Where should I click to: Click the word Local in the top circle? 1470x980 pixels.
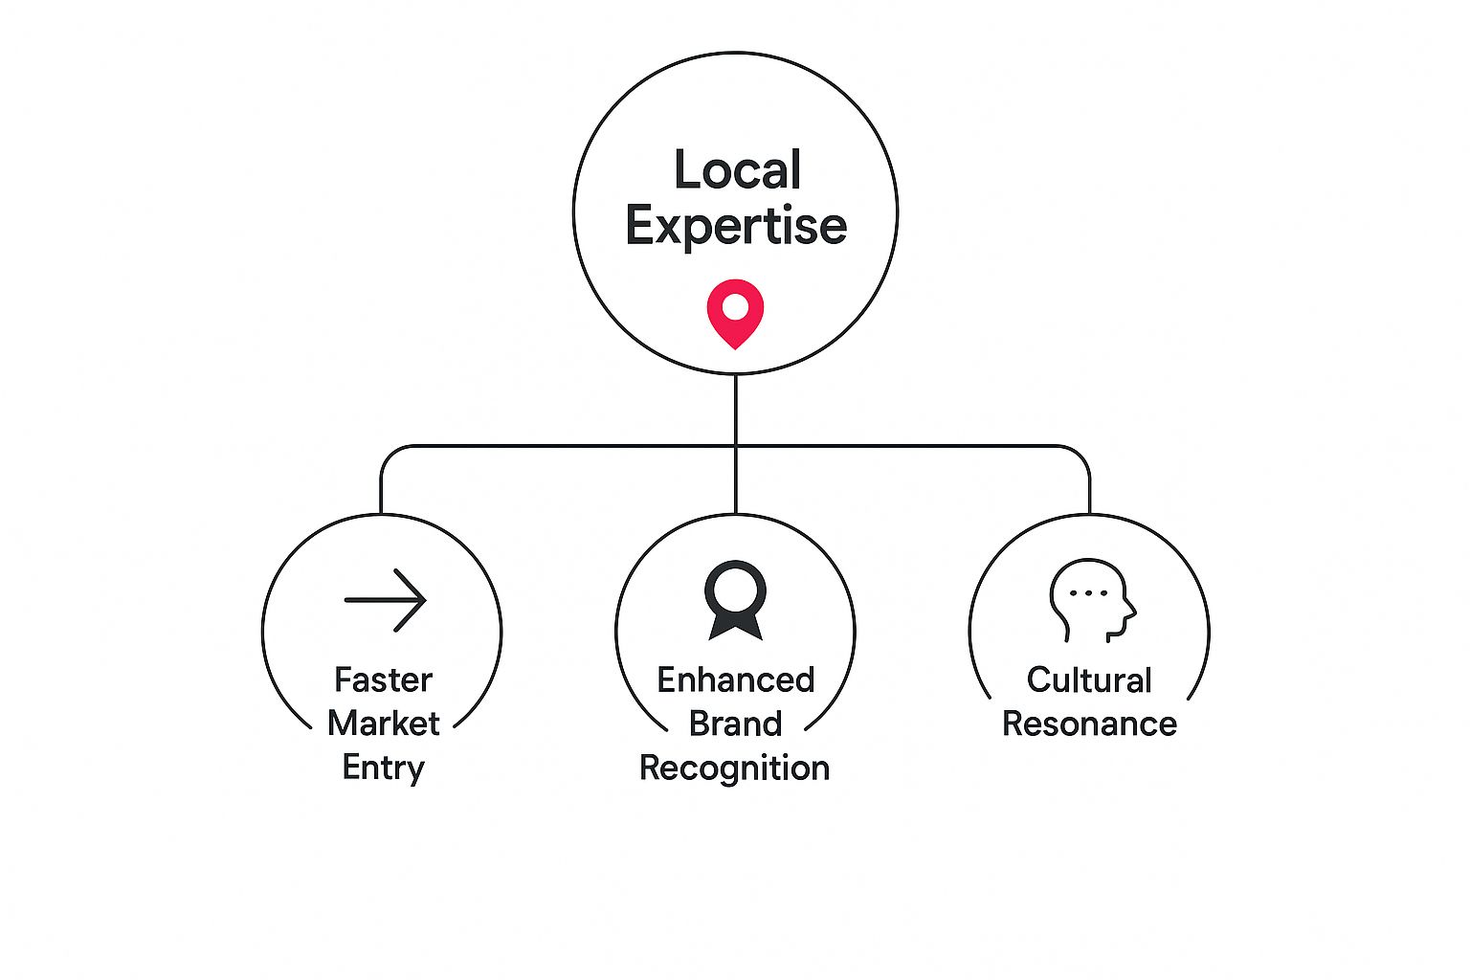coord(737,170)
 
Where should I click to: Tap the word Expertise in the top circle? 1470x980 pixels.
coord(736,227)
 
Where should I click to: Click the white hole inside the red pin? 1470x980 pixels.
coord(735,307)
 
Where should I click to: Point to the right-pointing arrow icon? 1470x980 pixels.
coord(385,600)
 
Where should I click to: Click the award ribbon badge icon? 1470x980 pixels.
coord(735,597)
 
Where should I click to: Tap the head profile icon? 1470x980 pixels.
coord(1091,599)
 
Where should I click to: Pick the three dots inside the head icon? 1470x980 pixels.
coord(1087,593)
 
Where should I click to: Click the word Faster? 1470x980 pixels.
coord(383,680)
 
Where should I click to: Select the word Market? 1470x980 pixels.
coord(383,724)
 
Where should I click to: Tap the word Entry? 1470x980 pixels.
coord(383,768)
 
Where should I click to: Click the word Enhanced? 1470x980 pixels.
coord(735,680)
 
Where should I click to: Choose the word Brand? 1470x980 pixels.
coord(735,724)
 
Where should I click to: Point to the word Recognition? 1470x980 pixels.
coord(734,768)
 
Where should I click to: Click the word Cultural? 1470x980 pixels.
coord(1089,680)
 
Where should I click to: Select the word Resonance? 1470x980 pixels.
coord(1089,724)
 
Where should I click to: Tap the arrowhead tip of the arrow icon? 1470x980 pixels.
coord(424,600)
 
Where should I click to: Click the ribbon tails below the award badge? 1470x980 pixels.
coord(735,628)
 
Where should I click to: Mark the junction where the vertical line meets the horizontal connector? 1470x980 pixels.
coord(735,446)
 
